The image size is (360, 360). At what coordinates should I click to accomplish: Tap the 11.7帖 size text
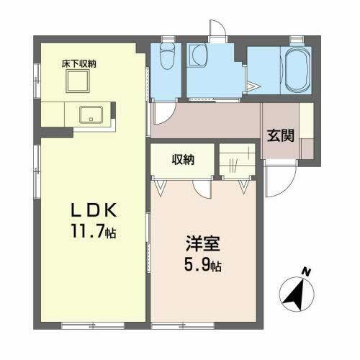tap(91, 232)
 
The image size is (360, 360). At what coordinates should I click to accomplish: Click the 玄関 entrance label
tap(281, 135)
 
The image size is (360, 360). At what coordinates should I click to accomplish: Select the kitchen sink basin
tap(92, 114)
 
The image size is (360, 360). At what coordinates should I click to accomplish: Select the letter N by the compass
tap(307, 271)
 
